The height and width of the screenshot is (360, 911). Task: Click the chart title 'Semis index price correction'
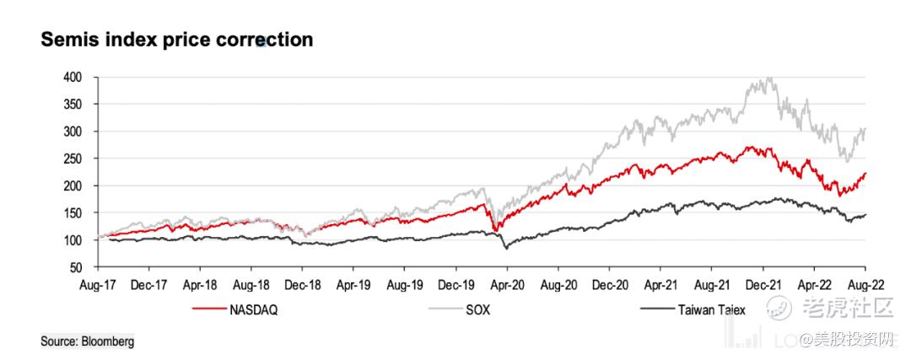coord(177,40)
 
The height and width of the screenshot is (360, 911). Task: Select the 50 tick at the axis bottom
coord(76,267)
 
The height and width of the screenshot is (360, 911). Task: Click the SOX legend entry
coord(477,309)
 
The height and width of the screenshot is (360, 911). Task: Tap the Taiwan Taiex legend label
coord(711,309)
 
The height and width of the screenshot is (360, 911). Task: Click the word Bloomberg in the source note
coord(108,341)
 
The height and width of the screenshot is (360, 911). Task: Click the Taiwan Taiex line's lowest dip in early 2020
coord(506,249)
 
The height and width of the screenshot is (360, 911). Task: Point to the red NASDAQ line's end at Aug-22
coord(866,173)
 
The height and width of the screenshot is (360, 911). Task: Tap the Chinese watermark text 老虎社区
coord(844,309)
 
